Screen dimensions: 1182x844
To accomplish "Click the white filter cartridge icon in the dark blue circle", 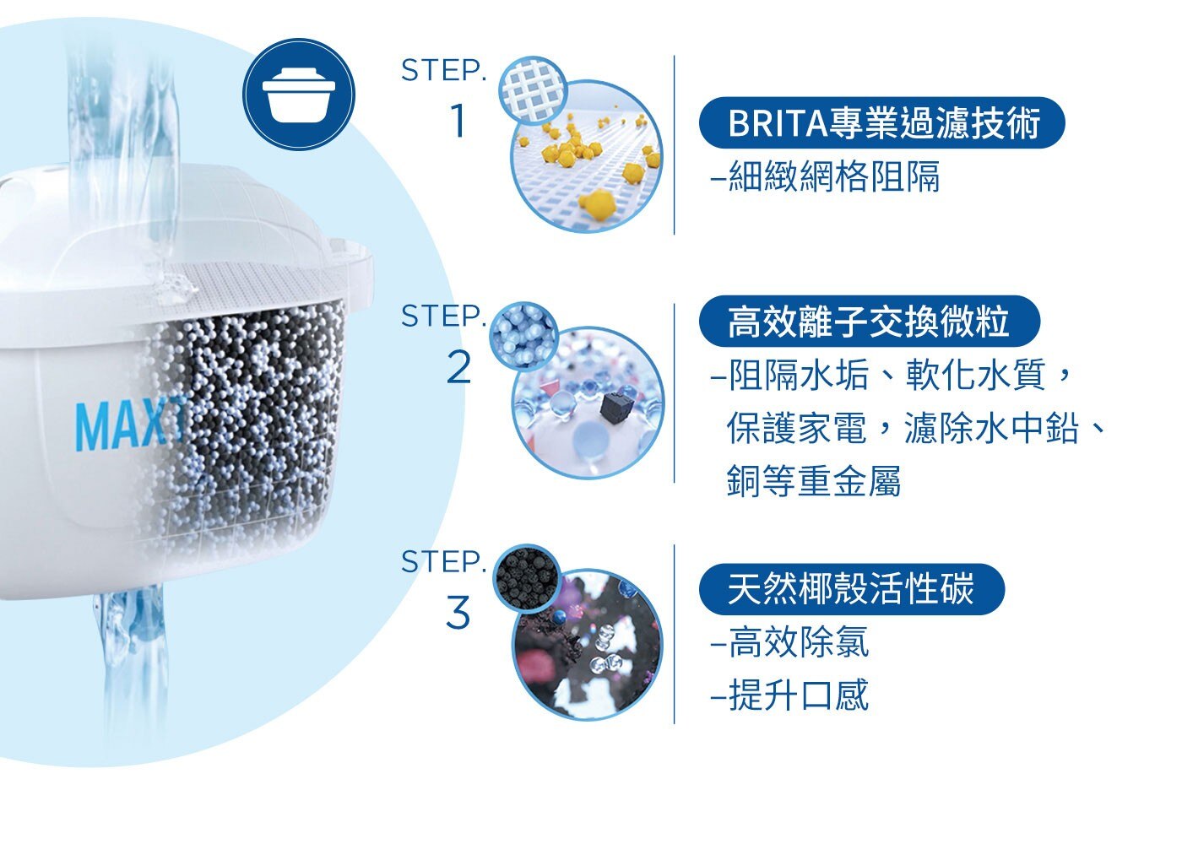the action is click(x=299, y=95).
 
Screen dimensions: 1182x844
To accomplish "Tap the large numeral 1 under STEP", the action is click(x=458, y=120).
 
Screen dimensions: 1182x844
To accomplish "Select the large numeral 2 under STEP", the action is click(x=458, y=368).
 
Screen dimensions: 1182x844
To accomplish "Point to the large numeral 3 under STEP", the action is click(x=458, y=612).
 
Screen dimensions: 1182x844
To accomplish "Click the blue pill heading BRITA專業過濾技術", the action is click(x=881, y=123).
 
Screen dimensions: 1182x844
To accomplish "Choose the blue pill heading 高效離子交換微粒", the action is click(x=869, y=321).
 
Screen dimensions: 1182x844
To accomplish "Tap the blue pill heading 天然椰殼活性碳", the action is click(x=852, y=589).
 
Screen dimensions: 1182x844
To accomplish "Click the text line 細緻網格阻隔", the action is click(x=826, y=176).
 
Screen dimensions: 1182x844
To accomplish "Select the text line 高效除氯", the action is click(x=790, y=642).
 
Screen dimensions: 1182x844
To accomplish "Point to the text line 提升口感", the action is click(x=790, y=695).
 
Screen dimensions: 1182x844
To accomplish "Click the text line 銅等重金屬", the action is click(x=814, y=480).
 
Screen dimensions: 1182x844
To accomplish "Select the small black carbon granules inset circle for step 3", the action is click(x=528, y=579).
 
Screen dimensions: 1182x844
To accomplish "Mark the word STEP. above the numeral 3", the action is click(x=443, y=561).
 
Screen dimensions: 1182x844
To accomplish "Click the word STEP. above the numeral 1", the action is click(x=443, y=70).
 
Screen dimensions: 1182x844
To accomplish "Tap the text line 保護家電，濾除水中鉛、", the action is click(x=915, y=428).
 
